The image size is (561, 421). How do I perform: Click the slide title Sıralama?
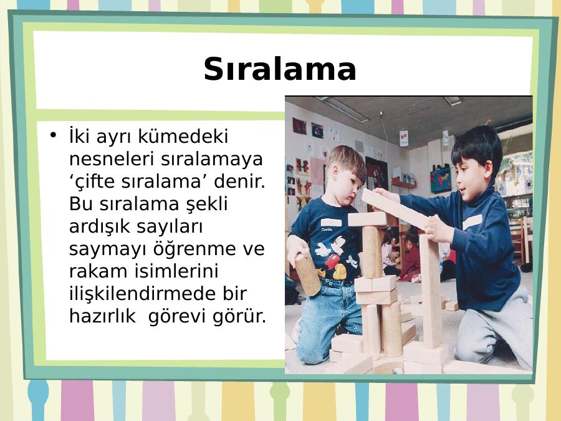(280, 69)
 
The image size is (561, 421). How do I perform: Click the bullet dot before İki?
(54, 135)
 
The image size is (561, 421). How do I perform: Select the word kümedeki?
(183, 137)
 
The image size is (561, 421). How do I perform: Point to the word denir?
(240, 181)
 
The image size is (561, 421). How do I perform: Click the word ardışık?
(100, 226)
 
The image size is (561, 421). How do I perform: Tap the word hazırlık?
(102, 316)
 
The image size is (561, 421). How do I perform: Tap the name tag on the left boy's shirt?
(331, 223)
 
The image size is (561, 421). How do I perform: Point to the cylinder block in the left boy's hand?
(307, 274)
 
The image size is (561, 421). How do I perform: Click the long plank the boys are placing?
(395, 209)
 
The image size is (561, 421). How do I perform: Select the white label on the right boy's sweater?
(472, 222)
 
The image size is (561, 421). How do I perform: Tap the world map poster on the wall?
(441, 180)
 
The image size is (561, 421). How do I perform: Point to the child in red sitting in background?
(411, 258)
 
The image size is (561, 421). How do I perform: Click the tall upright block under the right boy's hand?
(432, 291)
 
